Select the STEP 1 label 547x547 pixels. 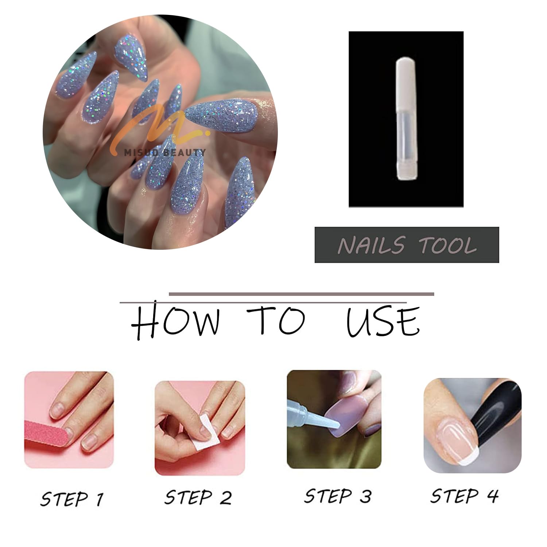pyautogui.click(x=71, y=498)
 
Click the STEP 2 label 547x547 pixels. pyautogui.click(x=198, y=497)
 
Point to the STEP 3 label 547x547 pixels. pyautogui.click(x=338, y=496)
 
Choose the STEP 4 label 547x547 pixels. pyautogui.click(x=464, y=496)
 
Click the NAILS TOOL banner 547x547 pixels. pyautogui.click(x=407, y=245)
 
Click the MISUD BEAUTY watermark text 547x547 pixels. pyautogui.click(x=164, y=152)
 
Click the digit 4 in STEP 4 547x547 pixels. pyautogui.click(x=493, y=496)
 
